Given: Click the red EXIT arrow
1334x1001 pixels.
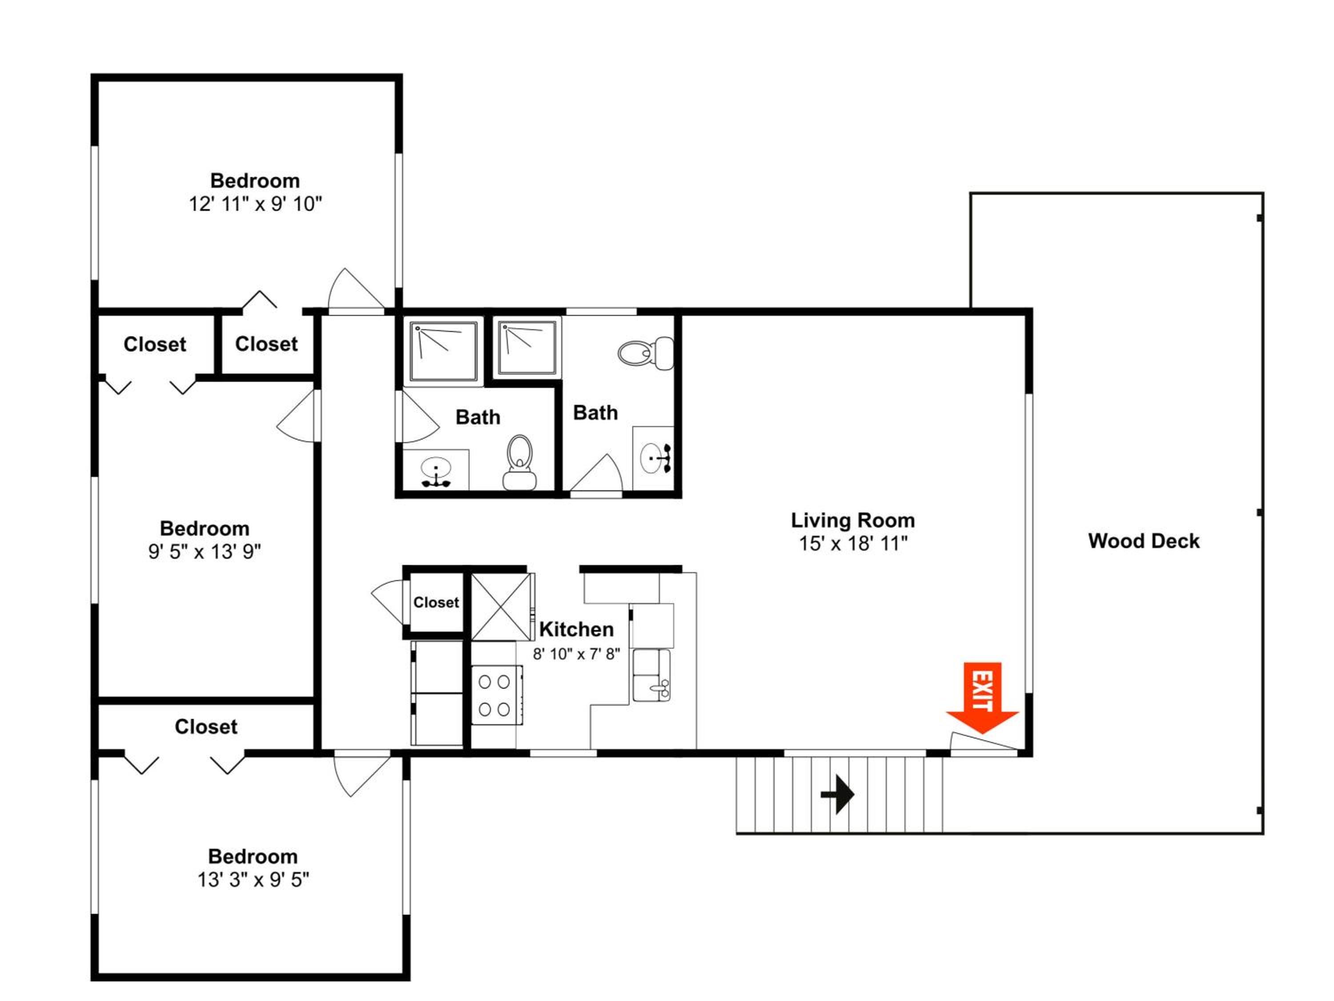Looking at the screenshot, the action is [982, 697].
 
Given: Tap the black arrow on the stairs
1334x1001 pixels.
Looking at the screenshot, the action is [838, 794].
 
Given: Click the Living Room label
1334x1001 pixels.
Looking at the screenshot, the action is [853, 520].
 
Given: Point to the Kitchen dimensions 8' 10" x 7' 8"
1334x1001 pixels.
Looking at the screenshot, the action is [576, 654].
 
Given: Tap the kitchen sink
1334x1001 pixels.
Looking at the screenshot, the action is [651, 676].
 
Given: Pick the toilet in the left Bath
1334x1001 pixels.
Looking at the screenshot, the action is [520, 462].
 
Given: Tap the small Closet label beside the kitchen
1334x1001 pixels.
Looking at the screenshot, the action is [436, 602].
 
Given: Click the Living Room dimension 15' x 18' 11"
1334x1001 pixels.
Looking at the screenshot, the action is [853, 544].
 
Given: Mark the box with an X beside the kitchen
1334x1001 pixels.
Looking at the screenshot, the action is [501, 606].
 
